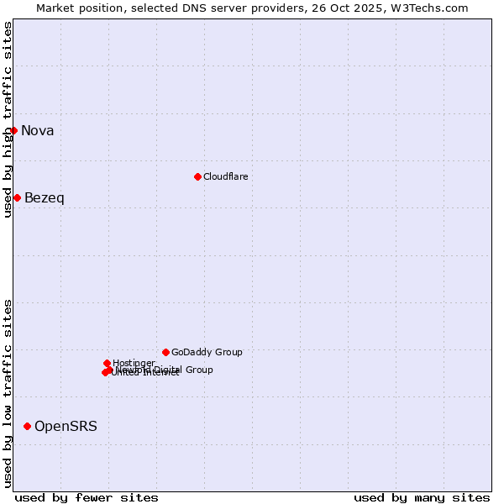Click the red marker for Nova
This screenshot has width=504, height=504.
pyautogui.click(x=13, y=130)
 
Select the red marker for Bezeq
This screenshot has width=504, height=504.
pyautogui.click(x=17, y=197)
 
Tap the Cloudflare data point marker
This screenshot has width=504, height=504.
pyautogui.click(x=197, y=176)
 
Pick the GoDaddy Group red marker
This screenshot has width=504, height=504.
pyautogui.click(x=165, y=352)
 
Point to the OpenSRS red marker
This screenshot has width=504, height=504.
pyautogui.click(x=27, y=426)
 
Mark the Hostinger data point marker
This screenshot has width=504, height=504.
pyautogui.click(x=107, y=363)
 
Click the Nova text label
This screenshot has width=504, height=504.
pyautogui.click(x=38, y=130)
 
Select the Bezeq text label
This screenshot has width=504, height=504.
pyautogui.click(x=45, y=197)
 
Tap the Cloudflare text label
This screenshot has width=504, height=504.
pyautogui.click(x=225, y=176)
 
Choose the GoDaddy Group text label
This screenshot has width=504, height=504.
pyautogui.click(x=207, y=352)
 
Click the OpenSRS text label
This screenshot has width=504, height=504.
pyautogui.click(x=66, y=426)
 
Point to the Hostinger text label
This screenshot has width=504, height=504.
pyautogui.click(x=134, y=363)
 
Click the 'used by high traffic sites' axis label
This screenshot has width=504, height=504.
pyautogui.click(x=8, y=120)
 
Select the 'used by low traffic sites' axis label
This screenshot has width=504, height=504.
pyautogui.click(x=8, y=393)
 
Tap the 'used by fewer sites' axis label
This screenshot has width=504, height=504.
pyautogui.click(x=87, y=497)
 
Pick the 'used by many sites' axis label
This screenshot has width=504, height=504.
pyautogui.click(x=422, y=497)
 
